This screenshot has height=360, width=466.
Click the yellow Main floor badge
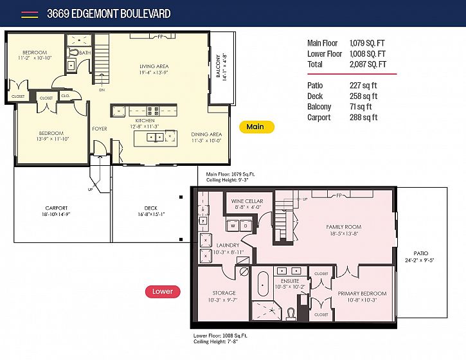256,127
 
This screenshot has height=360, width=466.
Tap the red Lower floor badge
163,292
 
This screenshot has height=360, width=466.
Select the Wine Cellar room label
247,201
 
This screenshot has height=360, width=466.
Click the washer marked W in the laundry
233,226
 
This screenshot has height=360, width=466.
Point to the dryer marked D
246,226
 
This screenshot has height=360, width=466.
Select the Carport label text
57,208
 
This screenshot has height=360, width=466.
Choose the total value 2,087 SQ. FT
368,64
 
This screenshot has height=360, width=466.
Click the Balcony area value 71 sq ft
361,107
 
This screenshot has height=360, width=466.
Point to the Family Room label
344,227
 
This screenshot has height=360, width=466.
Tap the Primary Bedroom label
363,293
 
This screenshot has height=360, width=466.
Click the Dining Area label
206,134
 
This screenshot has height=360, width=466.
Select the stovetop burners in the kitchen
153,111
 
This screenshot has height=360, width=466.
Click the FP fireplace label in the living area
161,37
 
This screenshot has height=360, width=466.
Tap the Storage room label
224,293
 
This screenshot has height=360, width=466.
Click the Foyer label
100,129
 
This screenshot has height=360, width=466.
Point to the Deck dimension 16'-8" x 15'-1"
151,214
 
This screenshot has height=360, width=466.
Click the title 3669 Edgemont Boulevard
109,14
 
